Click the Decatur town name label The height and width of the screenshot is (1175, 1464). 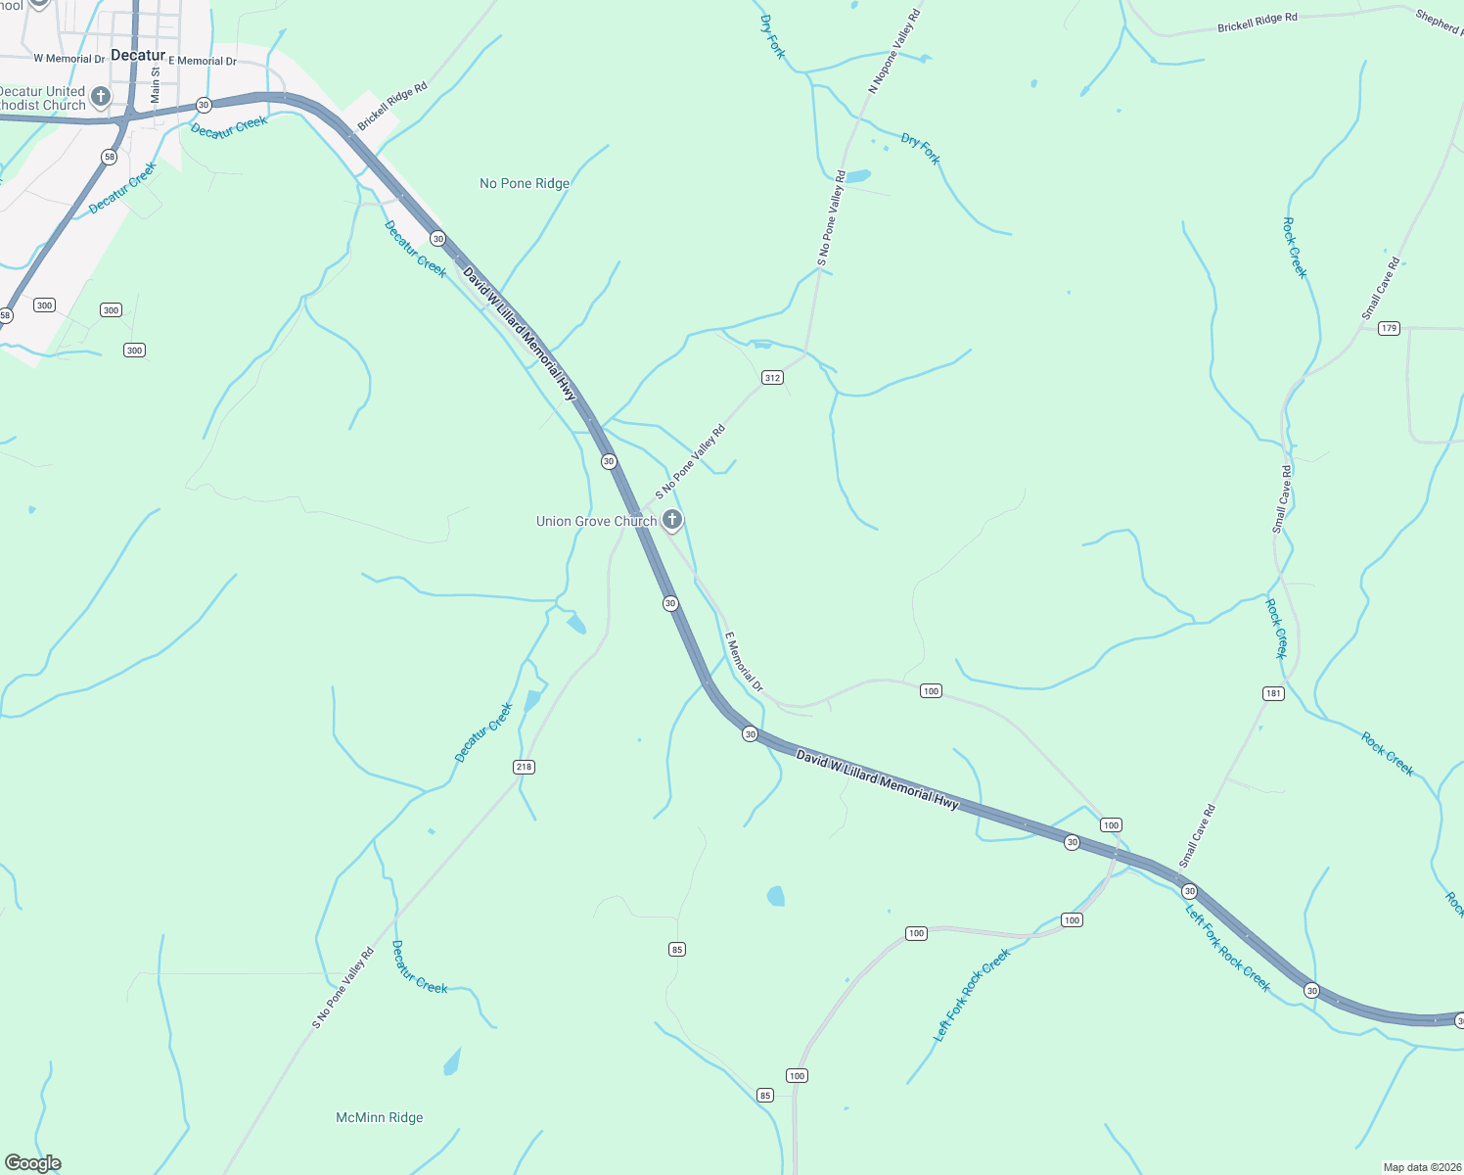[x=138, y=55]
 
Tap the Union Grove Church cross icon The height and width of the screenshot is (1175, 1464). [x=672, y=520]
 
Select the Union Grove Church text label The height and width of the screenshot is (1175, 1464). [x=596, y=521]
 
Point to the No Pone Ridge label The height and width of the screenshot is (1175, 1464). [x=525, y=183]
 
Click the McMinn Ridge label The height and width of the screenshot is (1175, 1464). [x=380, y=1117]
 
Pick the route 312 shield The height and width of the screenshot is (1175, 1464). [x=772, y=377]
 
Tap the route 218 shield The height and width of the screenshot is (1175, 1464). [x=524, y=767]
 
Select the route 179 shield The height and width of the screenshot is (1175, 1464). [x=1389, y=328]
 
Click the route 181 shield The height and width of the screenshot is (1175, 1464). [x=1273, y=693]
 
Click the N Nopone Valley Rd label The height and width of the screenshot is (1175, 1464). [x=894, y=51]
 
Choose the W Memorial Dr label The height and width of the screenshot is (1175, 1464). [x=69, y=59]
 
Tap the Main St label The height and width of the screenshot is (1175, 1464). [x=156, y=85]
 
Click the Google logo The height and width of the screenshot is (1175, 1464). [x=33, y=1163]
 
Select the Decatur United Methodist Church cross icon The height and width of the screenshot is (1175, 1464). [x=100, y=96]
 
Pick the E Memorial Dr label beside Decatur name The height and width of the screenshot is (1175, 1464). [x=203, y=61]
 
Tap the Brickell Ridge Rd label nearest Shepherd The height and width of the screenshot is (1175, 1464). [x=1257, y=23]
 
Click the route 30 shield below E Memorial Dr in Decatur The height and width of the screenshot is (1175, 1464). [x=204, y=105]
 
